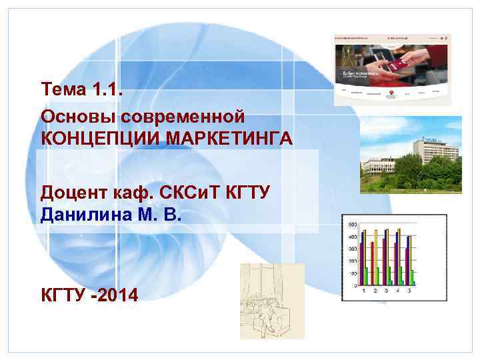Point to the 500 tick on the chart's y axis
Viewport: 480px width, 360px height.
[x=352, y=224]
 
